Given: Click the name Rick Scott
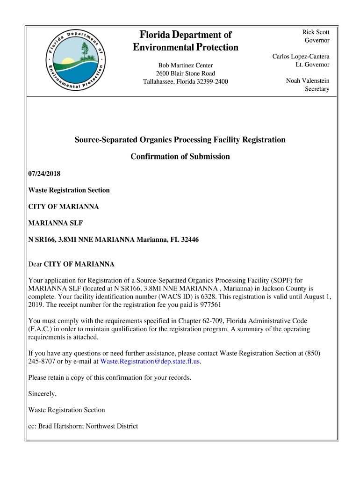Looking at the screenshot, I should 316,32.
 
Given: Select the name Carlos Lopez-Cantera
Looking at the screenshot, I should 301,57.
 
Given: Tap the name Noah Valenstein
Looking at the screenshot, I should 308,81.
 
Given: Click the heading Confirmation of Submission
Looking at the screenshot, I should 180,157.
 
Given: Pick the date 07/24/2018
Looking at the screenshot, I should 44,174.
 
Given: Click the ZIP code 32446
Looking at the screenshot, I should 189,240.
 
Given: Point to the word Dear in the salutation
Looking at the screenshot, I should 35,264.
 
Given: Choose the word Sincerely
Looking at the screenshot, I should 43,394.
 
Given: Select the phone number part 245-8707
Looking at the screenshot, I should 42,362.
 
